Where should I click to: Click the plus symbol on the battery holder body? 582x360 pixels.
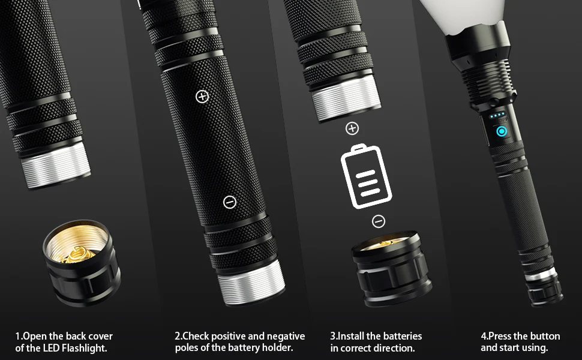(x=202, y=97)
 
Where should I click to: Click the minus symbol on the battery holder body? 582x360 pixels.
(x=230, y=202)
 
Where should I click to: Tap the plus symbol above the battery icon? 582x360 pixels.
(x=352, y=128)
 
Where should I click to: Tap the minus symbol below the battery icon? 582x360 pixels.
(x=379, y=221)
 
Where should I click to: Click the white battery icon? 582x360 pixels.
(x=366, y=176)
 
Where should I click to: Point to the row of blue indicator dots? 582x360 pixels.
(x=497, y=115)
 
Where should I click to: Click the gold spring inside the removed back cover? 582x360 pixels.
(x=78, y=254)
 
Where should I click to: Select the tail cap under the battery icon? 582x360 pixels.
(x=391, y=269)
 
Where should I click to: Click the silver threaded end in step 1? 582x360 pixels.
(x=56, y=165)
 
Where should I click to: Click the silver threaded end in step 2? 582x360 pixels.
(x=251, y=282)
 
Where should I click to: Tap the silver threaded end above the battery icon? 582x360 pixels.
(x=346, y=97)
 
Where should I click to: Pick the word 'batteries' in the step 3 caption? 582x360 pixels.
(x=403, y=336)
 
